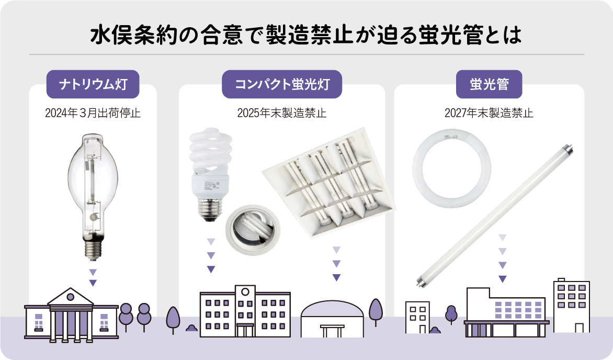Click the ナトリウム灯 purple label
[93, 84]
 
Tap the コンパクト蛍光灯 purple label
[282, 84]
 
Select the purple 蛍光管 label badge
[489, 84]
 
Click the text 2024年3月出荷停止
[93, 113]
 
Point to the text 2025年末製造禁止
[282, 113]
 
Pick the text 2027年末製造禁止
[489, 113]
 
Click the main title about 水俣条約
[306, 35]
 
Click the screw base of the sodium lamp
[93, 249]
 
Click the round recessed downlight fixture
[253, 229]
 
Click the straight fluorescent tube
[495, 217]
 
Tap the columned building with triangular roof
[71, 315]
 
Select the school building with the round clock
[245, 311]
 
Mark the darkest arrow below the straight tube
[503, 279]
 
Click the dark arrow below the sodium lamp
[93, 283]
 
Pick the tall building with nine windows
[571, 305]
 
